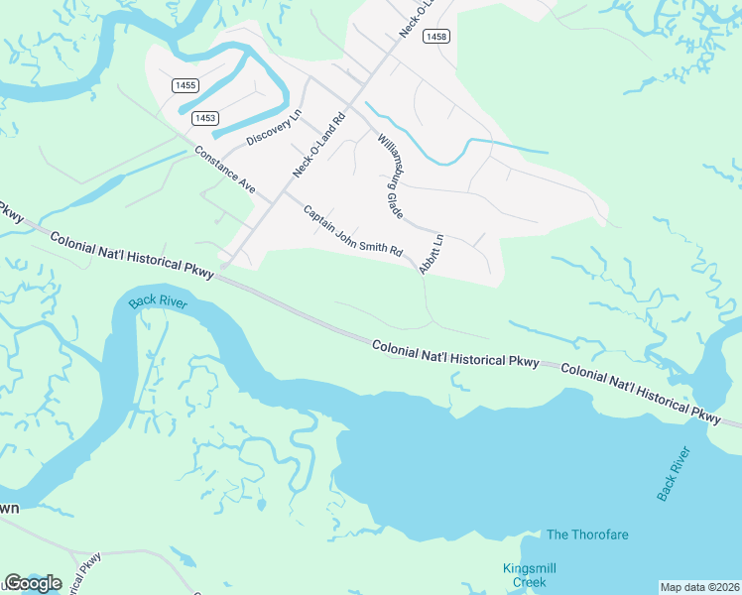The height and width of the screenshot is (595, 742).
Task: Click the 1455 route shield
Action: click(184, 86)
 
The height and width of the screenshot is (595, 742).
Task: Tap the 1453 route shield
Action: click(204, 118)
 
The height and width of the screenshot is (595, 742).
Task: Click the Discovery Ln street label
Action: click(273, 126)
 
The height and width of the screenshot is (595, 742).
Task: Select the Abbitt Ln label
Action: click(431, 255)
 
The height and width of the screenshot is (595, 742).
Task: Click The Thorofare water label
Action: click(587, 535)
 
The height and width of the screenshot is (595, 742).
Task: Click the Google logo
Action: click(33, 582)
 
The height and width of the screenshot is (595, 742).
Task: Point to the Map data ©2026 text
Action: click(699, 587)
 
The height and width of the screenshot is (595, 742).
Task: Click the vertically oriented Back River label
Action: click(673, 473)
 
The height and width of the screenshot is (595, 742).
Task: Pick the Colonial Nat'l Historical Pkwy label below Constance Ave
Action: click(130, 254)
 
